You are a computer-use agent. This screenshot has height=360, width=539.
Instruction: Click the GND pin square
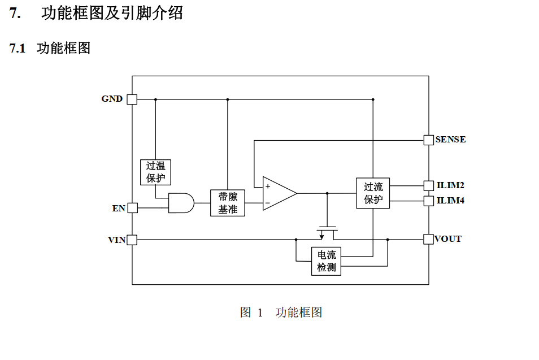[132, 99]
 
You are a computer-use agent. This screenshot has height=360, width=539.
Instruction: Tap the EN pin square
[133, 208]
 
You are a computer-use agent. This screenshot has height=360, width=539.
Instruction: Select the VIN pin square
[132, 240]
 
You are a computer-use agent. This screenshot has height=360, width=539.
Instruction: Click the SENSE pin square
[429, 140]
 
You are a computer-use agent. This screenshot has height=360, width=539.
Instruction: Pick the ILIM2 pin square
[429, 186]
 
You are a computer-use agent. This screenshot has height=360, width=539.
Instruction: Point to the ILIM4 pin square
[429, 201]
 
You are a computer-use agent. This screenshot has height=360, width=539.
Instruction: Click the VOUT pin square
[428, 239]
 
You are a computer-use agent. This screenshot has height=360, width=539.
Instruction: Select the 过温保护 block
[155, 172]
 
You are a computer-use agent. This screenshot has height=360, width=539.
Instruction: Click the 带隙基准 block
[228, 203]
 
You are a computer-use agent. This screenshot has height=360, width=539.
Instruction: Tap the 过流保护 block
[373, 193]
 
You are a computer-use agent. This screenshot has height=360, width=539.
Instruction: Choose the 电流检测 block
[326, 261]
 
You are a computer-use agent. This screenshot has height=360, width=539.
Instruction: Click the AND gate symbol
[181, 203]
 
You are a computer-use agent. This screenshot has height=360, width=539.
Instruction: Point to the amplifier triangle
[280, 193]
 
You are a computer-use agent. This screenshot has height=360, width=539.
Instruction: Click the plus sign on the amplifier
[268, 186]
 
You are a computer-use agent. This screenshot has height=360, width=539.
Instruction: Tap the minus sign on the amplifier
[268, 203]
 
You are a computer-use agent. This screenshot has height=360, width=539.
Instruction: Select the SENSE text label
[451, 139]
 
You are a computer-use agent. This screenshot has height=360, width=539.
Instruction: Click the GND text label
[112, 99]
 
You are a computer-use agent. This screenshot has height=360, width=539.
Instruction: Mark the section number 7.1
[18, 48]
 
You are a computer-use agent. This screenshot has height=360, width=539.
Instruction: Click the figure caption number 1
[260, 313]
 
